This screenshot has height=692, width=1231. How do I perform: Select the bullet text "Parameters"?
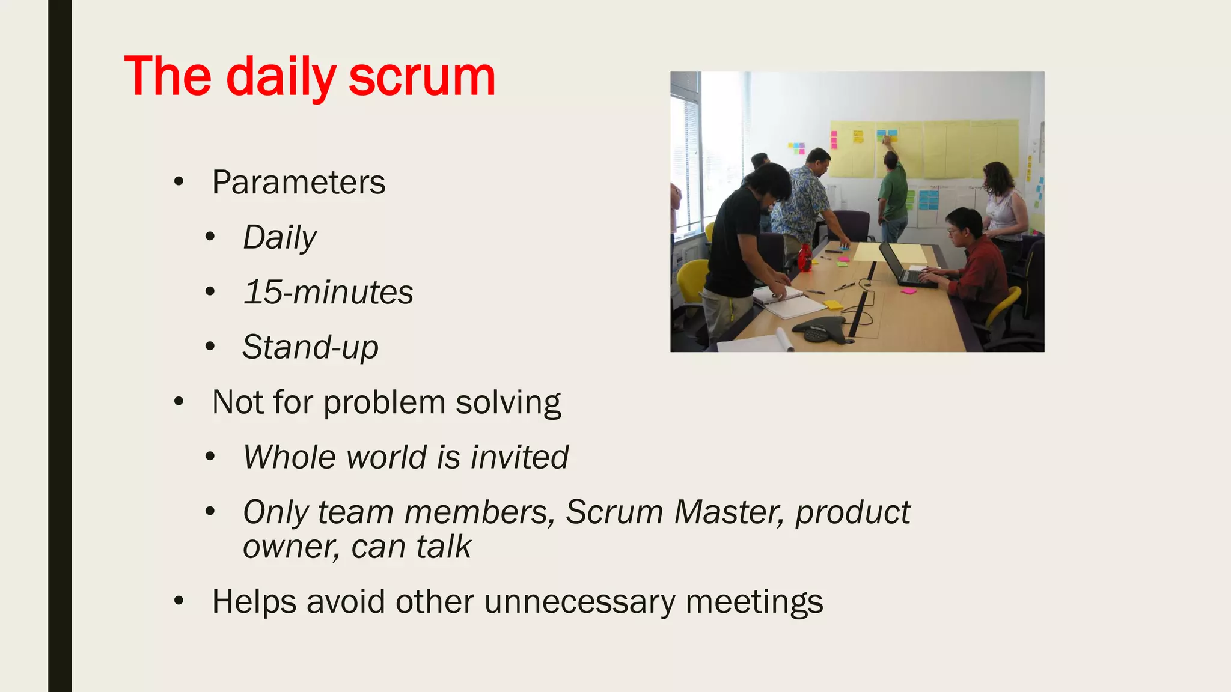pos(298,182)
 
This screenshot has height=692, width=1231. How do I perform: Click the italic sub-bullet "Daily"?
pos(279,237)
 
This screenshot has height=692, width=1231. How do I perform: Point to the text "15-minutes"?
pos(328,293)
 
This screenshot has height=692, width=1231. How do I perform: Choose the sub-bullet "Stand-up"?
pos(310,347)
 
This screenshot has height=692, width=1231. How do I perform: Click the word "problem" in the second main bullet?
pos(384,402)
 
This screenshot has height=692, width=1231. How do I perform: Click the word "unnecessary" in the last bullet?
pos(579,601)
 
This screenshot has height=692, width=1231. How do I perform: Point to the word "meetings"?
pos(754,601)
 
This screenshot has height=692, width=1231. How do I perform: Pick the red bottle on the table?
pos(804,258)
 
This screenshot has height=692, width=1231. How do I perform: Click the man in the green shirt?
pos(893,192)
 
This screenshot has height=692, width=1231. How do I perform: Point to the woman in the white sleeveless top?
pos(1005,204)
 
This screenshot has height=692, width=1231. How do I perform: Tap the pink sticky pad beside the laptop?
pos(908,291)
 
